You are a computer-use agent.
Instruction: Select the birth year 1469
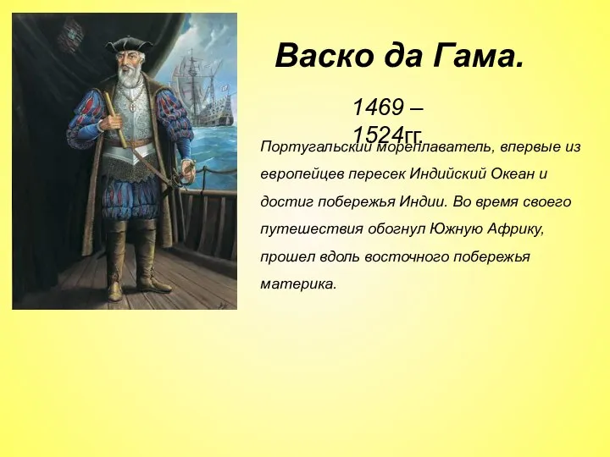[x=380, y=107]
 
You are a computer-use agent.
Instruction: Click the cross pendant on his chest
[x=130, y=108]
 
